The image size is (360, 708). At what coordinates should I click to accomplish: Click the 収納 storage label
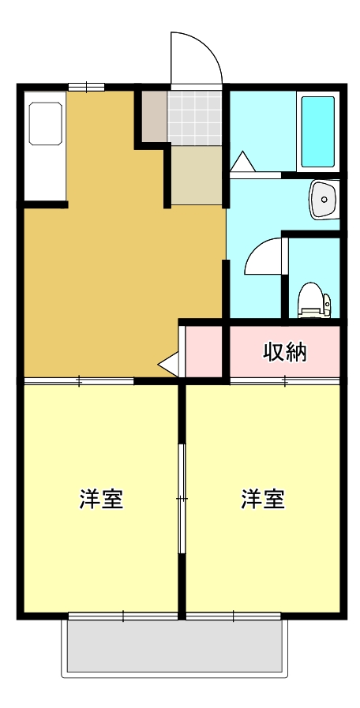pyautogui.click(x=284, y=352)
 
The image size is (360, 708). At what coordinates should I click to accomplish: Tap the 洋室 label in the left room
pyautogui.click(x=101, y=499)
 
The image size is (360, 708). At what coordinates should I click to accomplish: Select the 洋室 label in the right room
pyautogui.click(x=263, y=499)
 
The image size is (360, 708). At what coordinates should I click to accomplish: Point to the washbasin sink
pyautogui.click(x=323, y=198)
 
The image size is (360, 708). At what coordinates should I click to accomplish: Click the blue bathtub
pyautogui.click(x=317, y=131)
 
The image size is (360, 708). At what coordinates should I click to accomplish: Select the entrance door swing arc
pyautogui.click(x=197, y=57)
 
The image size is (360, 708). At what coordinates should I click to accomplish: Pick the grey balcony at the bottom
pyautogui.click(x=174, y=646)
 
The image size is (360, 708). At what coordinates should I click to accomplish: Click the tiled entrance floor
pyautogui.click(x=196, y=118)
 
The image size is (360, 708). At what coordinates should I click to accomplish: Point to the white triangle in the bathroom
pyautogui.click(x=241, y=161)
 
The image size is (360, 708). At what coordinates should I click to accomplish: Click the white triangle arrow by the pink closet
pyautogui.click(x=169, y=364)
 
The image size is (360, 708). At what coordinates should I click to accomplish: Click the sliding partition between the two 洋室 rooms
pyautogui.click(x=182, y=498)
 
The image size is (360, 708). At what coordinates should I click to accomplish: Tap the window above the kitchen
pyautogui.click(x=85, y=87)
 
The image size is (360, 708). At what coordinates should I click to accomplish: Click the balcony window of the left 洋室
pyautogui.click(x=123, y=615)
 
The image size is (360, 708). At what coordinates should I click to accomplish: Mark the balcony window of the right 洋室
pyautogui.click(x=234, y=615)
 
